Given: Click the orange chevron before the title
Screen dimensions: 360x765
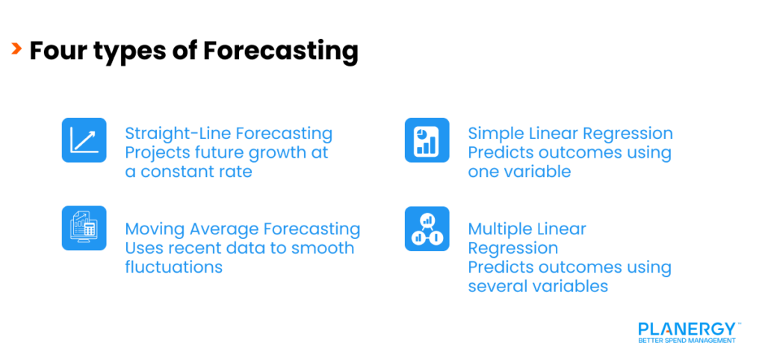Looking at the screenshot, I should click(x=16, y=50).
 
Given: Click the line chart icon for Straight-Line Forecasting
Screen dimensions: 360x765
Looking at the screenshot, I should click(x=84, y=140).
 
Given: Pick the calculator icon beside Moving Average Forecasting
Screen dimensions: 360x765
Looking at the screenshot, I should click(x=84, y=228).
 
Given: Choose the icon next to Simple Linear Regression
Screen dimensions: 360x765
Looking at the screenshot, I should click(x=427, y=140).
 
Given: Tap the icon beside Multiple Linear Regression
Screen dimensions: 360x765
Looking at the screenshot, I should click(x=427, y=229).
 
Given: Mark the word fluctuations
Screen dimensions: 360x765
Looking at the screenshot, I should click(x=173, y=267).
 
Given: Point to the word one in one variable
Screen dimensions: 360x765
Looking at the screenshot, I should click(x=483, y=172).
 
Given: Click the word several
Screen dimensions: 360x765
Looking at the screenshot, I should click(x=500, y=286).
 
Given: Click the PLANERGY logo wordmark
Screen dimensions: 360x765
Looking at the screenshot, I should click(x=687, y=329).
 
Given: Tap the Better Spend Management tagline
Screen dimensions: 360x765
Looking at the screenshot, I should click(x=687, y=341).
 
